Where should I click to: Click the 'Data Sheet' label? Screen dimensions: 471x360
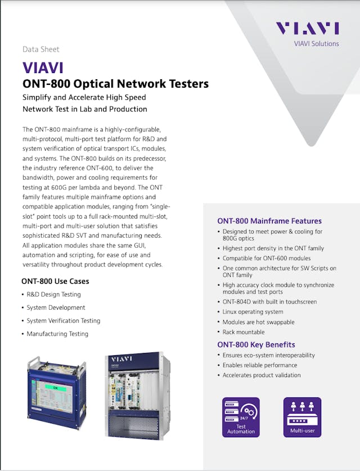40,49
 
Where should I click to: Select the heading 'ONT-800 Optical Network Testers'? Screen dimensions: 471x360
115,84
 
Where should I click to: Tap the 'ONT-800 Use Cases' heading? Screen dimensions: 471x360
55,281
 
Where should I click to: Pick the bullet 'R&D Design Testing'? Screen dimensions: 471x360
53,295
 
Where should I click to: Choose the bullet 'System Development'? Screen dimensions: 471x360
56,307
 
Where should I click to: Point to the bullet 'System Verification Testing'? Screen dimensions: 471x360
63,321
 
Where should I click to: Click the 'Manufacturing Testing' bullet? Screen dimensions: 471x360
57,334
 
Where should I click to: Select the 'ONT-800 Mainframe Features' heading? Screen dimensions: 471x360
269,221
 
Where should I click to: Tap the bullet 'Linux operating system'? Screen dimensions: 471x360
253,312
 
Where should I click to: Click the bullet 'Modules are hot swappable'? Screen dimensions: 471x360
258,322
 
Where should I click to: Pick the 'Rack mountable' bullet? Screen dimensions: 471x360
244,332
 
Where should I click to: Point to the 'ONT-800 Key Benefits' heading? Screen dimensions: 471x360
256,345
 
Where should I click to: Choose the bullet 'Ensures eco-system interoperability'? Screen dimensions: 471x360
268,355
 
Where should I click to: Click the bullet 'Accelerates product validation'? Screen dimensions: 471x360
262,375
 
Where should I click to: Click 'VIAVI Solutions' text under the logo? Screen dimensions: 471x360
317,43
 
